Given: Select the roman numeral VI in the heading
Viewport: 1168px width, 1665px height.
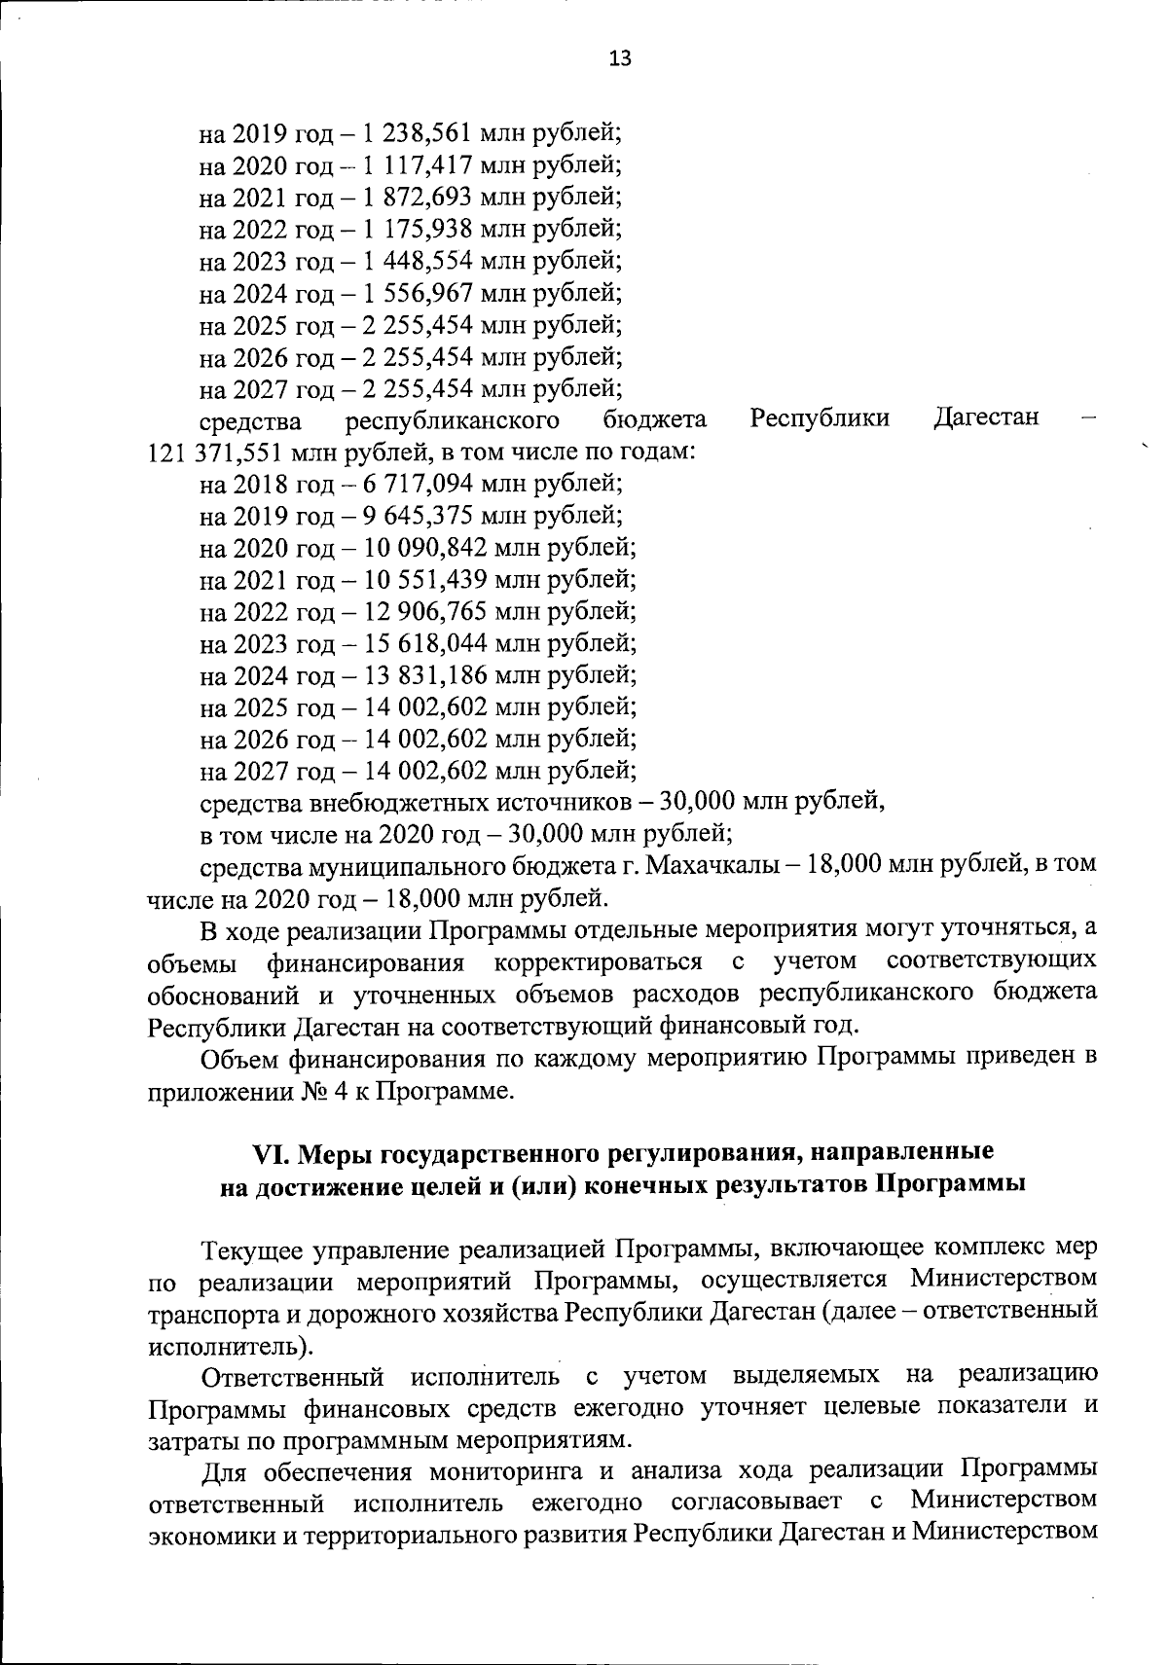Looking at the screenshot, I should coord(268,1152).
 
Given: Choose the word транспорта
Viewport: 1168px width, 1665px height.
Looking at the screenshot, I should coord(212,1313).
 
